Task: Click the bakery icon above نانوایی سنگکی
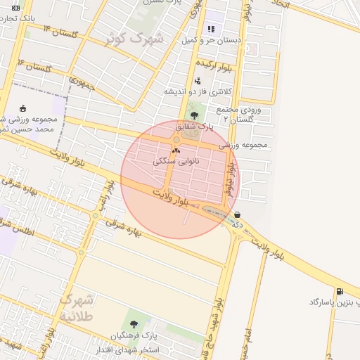(x=176, y=150)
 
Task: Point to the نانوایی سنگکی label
(x=176, y=161)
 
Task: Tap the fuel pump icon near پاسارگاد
(x=341, y=291)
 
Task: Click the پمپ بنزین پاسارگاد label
(x=334, y=302)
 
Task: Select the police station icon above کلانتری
(x=198, y=81)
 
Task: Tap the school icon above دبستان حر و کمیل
(x=210, y=30)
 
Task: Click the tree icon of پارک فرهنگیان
(x=134, y=324)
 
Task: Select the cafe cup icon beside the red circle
(x=238, y=215)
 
